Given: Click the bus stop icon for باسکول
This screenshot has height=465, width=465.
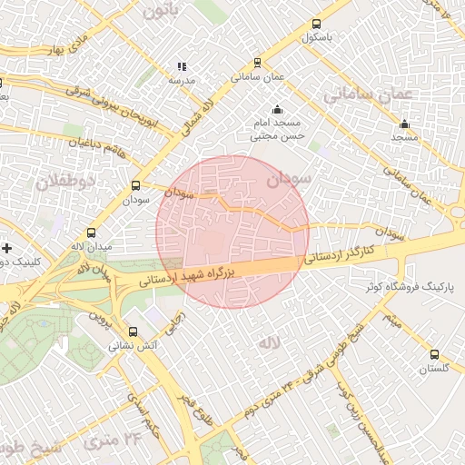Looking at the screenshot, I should point(316,25).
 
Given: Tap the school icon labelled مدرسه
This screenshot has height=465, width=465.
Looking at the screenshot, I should point(182,66).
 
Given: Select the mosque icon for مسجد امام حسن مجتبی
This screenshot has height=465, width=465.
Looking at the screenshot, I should point(277,111).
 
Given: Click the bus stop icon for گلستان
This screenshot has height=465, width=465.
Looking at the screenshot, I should point(434,355).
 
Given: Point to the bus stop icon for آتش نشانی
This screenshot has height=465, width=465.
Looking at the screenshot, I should point(134,332).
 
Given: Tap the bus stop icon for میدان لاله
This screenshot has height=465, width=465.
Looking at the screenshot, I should point(91,233).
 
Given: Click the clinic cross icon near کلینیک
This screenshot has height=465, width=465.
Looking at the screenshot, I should point(6,248).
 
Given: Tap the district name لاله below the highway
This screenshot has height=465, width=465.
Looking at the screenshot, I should point(268,342).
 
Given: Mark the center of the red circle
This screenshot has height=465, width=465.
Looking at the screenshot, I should point(232,232).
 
